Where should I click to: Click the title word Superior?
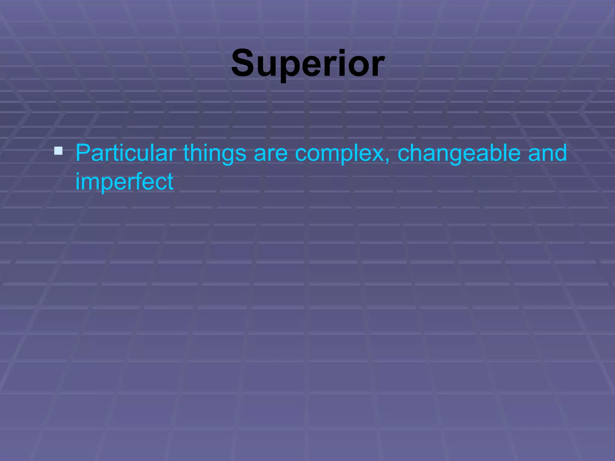coord(307,64)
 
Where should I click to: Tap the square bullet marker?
coord(58,151)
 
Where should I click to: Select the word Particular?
coord(126,153)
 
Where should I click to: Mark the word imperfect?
coord(124,182)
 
